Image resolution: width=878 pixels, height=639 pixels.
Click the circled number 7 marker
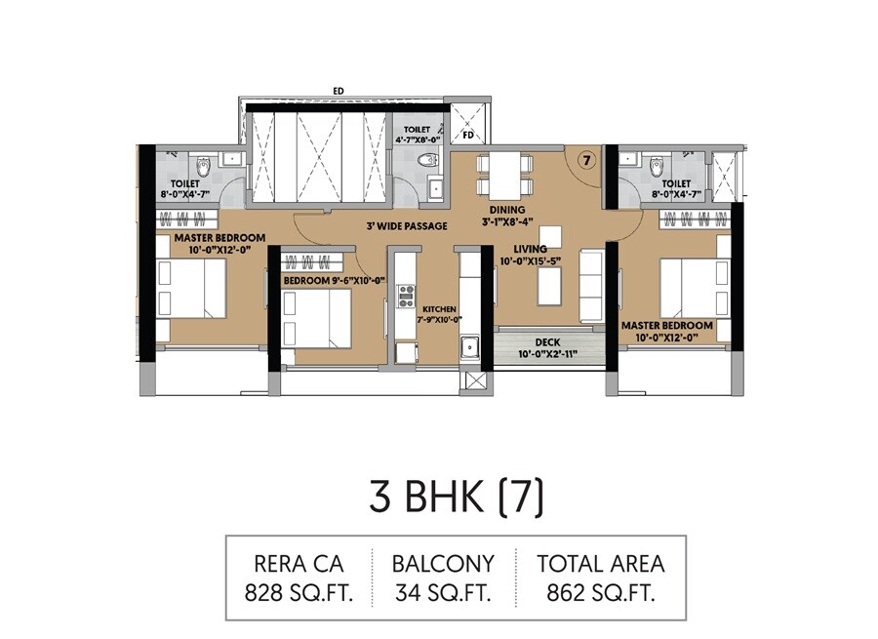584,160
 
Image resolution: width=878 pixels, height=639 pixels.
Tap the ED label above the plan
338,91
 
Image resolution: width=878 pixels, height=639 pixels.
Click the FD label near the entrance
467,135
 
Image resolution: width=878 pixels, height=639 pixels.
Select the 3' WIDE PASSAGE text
406,226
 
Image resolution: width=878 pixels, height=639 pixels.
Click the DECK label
545,342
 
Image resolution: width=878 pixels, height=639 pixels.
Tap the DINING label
508,210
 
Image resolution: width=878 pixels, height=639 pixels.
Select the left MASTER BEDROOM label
219,237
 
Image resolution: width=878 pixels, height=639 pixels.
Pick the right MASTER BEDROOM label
676,325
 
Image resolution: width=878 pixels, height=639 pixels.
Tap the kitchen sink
469,346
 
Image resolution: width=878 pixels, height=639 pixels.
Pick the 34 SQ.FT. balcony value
443,591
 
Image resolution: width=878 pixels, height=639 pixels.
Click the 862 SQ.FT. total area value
601,591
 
